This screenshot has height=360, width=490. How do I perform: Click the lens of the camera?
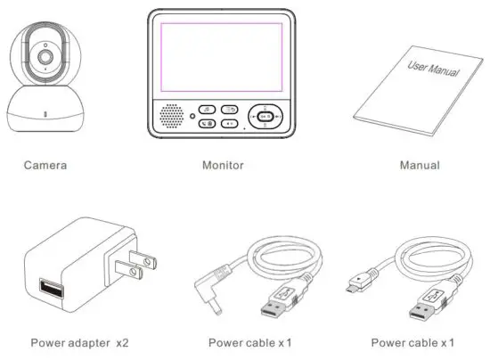(x=43, y=56)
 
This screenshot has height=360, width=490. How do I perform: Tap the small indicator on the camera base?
(x=44, y=114)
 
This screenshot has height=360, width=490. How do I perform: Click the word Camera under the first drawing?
(x=45, y=165)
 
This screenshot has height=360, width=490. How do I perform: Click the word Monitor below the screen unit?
(x=223, y=165)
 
